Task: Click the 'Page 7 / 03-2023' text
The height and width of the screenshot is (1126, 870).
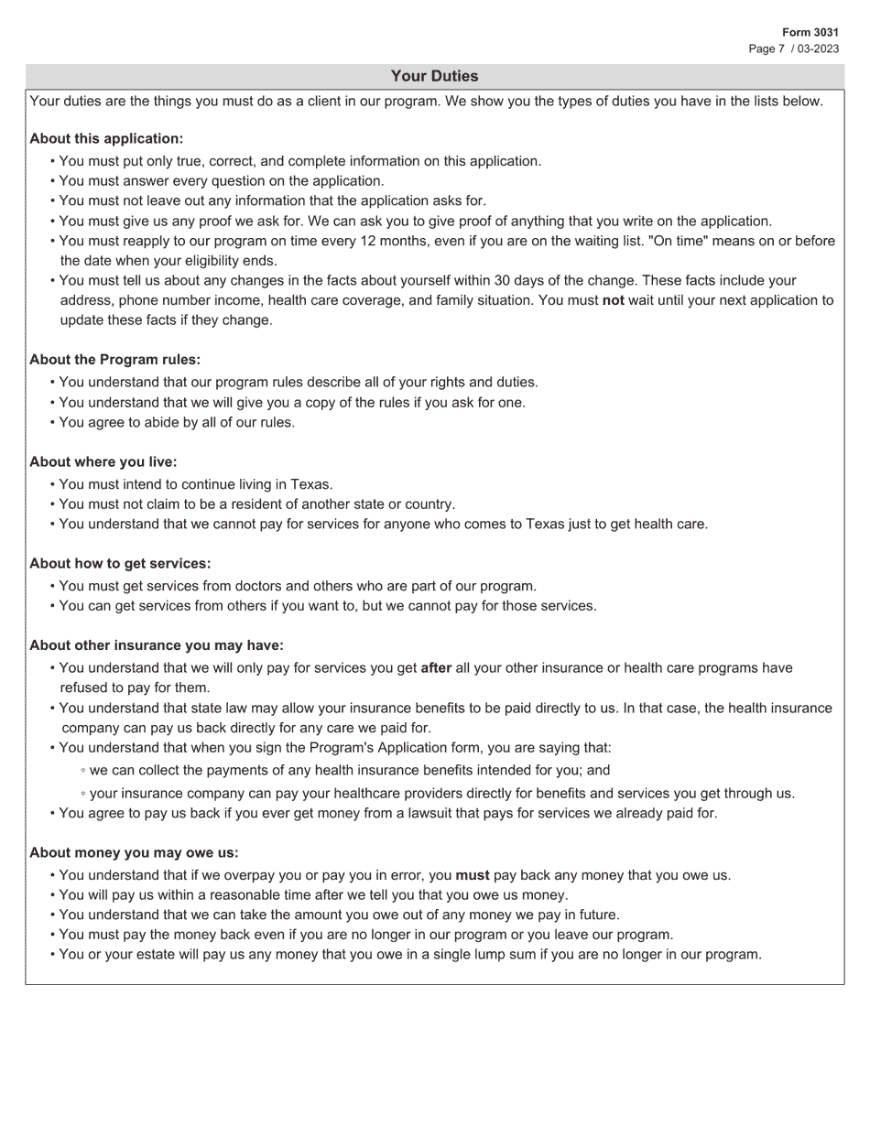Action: (x=793, y=49)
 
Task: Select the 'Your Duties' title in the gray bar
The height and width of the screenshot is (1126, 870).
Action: (x=434, y=76)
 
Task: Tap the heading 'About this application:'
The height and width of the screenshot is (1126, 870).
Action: (x=106, y=138)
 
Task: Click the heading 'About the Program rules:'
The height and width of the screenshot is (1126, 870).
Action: (x=114, y=360)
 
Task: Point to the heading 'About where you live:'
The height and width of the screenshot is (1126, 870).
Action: (x=103, y=461)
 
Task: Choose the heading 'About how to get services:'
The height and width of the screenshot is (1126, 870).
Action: (x=120, y=563)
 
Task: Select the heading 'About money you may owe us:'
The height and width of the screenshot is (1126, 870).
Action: (x=134, y=852)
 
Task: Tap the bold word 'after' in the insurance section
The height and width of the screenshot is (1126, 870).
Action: (x=436, y=668)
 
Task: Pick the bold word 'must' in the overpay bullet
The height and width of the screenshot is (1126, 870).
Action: (x=472, y=875)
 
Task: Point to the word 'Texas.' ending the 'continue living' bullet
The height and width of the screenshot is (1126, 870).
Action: (x=312, y=484)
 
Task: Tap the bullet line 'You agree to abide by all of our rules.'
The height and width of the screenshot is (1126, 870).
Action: (x=177, y=423)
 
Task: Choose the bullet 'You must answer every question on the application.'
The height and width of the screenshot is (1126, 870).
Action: (x=222, y=181)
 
